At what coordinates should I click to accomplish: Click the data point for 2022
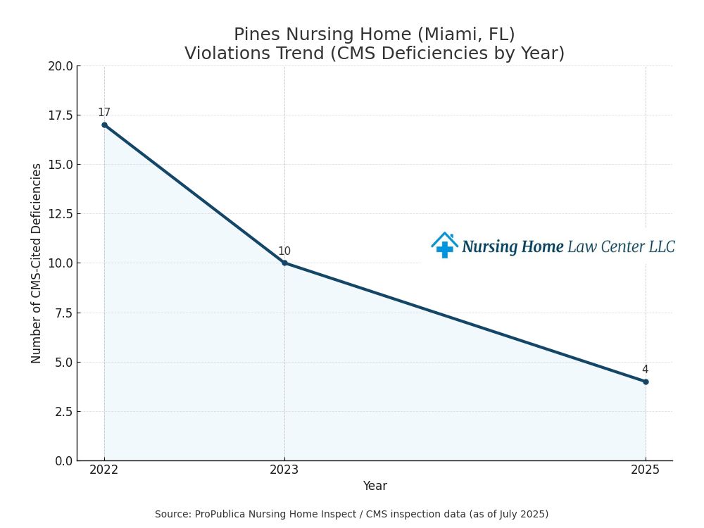104,125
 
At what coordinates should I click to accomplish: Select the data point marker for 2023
284,263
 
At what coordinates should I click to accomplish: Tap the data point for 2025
646,382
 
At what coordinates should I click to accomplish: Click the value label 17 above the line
104,113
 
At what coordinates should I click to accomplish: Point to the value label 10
284,251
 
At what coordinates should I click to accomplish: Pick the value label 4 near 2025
645,370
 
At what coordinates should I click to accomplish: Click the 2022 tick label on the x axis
104,470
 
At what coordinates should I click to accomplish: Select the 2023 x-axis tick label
284,470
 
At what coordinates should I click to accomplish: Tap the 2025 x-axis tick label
646,470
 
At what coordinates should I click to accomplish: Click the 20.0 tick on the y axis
60,66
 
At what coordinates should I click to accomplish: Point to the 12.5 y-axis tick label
60,214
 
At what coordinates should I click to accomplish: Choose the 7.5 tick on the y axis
63,313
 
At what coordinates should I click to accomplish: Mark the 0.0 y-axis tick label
63,461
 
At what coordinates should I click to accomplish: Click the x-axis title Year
375,486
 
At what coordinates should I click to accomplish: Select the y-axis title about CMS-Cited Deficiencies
37,263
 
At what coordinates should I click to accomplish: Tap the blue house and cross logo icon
444,245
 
